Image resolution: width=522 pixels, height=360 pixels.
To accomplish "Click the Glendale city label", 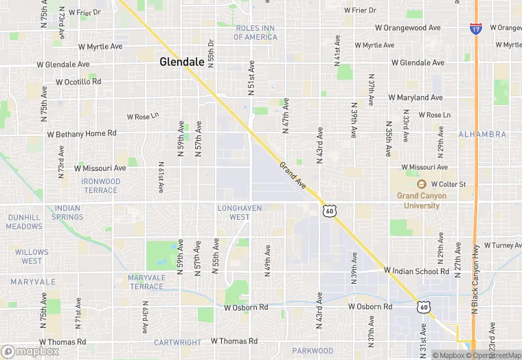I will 182,61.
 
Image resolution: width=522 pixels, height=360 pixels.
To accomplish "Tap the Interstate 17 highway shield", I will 475,28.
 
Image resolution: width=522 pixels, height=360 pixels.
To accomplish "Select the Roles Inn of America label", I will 256,32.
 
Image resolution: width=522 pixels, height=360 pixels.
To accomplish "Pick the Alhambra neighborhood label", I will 481,134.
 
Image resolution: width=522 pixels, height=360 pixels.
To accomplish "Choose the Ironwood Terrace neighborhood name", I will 100,185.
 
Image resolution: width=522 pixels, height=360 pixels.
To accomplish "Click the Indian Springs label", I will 67,212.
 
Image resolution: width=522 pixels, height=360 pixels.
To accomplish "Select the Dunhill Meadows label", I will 25,221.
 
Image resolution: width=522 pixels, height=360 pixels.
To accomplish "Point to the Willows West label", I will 32,256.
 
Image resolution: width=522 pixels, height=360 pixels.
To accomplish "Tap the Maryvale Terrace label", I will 146,282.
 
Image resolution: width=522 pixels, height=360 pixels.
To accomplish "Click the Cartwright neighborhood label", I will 177,342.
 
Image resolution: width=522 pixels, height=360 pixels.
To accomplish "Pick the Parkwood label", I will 313,350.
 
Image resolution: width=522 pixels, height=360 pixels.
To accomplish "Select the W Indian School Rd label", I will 417,271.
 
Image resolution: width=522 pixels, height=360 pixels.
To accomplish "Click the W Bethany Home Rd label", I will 82,133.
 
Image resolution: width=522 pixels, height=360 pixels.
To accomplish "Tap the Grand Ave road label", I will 293,176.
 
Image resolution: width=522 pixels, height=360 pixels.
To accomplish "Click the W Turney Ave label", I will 503,245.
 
